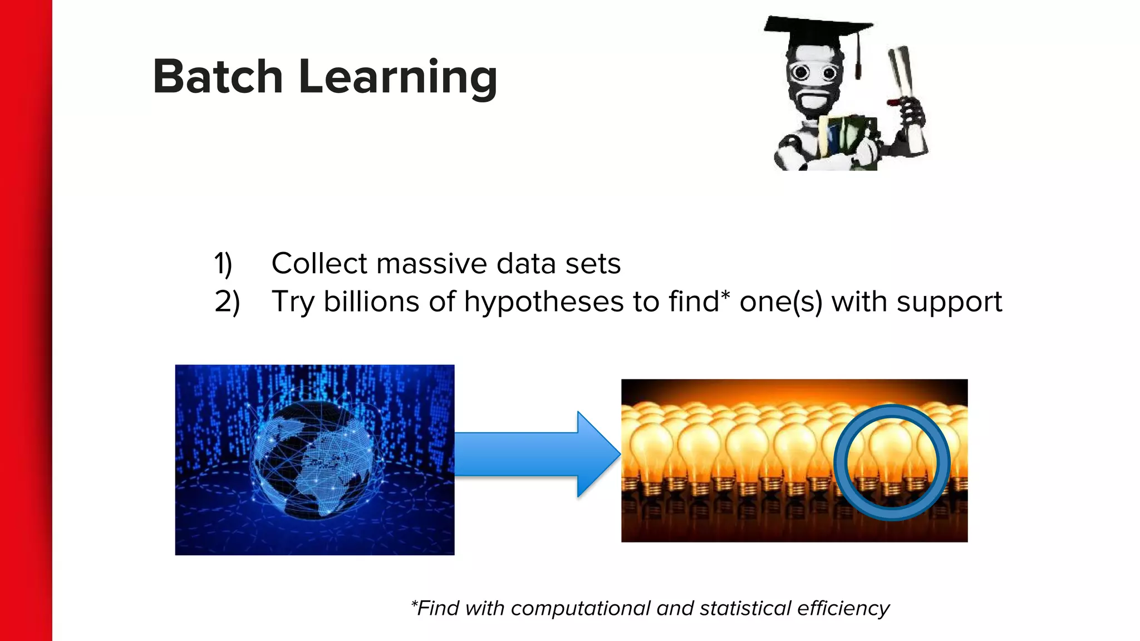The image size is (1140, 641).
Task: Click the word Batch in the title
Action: [x=218, y=77]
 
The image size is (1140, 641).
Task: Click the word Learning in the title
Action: [x=397, y=78]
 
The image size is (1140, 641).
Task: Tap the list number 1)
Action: [x=223, y=264]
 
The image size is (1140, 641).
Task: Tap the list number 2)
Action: [x=227, y=302]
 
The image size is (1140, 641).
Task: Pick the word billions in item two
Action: [x=372, y=302]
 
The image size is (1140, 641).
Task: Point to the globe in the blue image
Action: [x=315, y=460]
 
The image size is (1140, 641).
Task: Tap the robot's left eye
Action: [x=800, y=72]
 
